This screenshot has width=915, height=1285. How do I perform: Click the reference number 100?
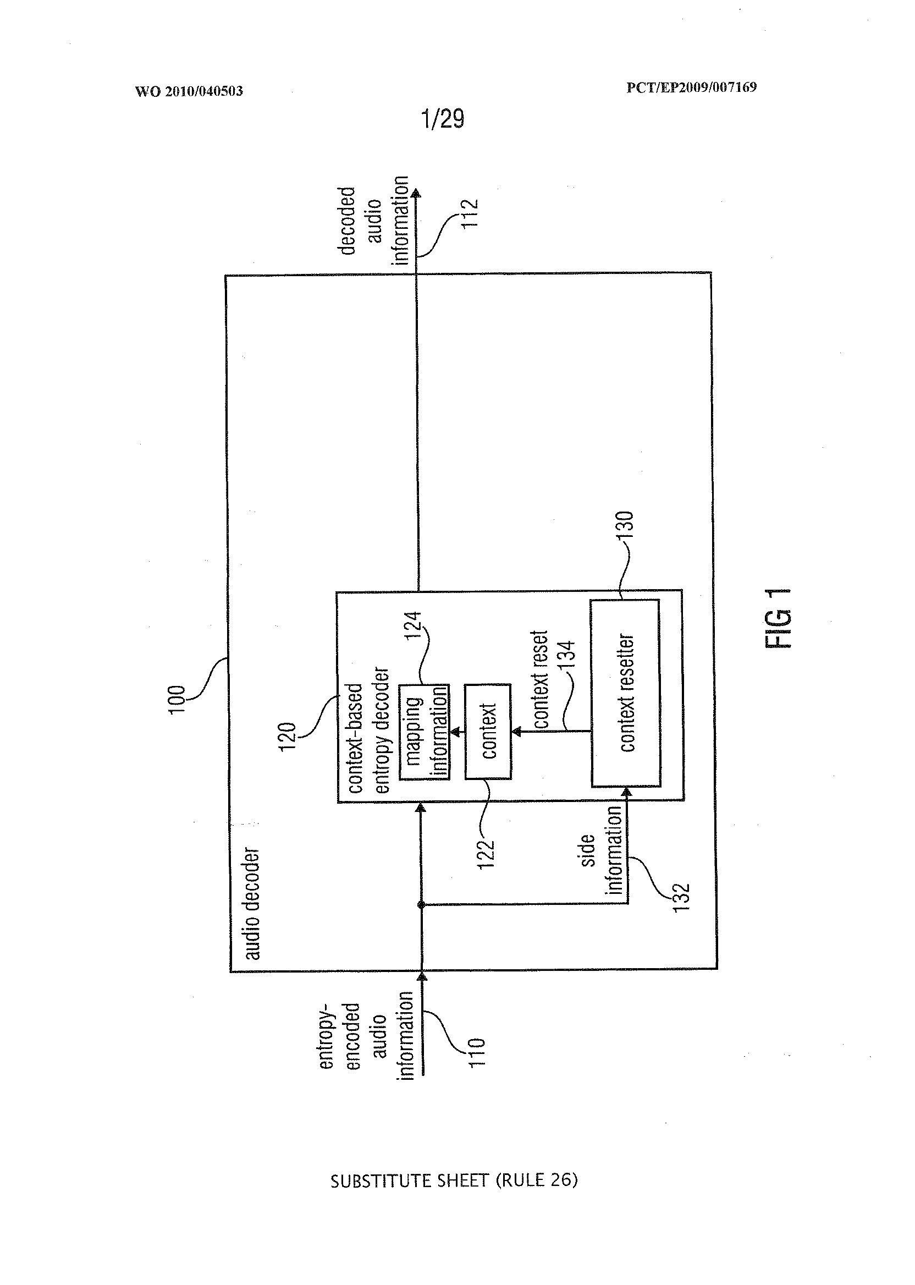click(177, 699)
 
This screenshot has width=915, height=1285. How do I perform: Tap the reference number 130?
click(625, 525)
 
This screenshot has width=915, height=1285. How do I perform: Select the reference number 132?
click(681, 896)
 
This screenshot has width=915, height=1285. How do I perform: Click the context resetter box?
click(625, 693)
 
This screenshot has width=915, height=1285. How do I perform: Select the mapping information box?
click(425, 731)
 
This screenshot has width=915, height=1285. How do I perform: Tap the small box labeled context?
click(488, 731)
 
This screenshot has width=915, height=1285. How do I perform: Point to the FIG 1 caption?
click(779, 618)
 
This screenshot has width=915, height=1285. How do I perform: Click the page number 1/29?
click(443, 119)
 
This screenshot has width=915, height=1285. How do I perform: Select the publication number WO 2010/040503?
click(189, 91)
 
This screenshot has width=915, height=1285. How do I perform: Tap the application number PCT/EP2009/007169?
click(691, 87)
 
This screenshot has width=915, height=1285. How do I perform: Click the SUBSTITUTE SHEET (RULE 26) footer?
click(454, 1180)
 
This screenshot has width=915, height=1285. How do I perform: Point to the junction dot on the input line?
click(420, 905)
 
